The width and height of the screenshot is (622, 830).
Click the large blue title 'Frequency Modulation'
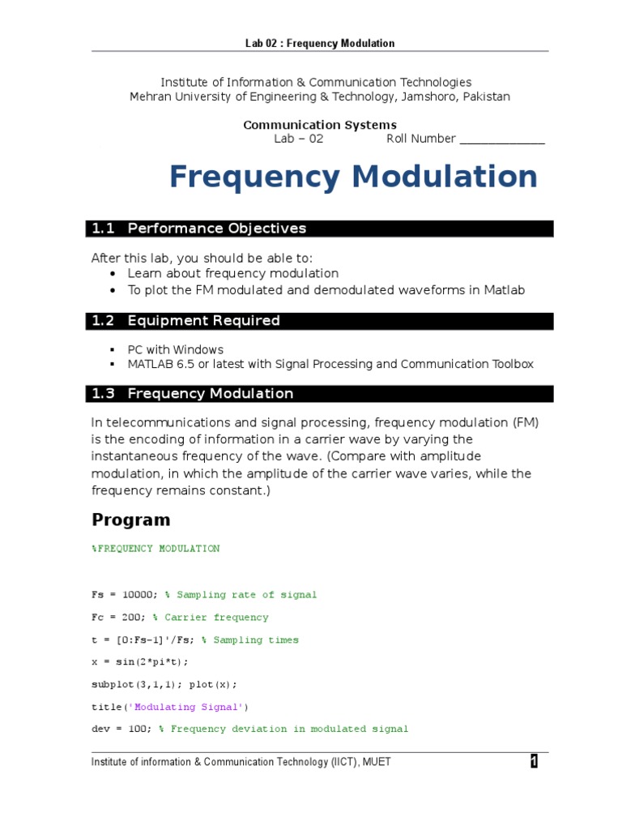tap(352, 176)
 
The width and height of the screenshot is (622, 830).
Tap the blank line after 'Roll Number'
tap(502, 139)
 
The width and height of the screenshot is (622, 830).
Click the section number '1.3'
tap(104, 394)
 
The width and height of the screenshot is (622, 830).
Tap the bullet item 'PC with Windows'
tap(175, 349)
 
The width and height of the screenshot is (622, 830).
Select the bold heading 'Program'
tap(131, 520)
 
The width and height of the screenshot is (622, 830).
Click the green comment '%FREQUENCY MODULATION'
tap(155, 549)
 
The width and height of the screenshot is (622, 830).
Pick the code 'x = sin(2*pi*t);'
tap(139, 662)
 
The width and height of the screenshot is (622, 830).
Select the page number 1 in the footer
tap(534, 761)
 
